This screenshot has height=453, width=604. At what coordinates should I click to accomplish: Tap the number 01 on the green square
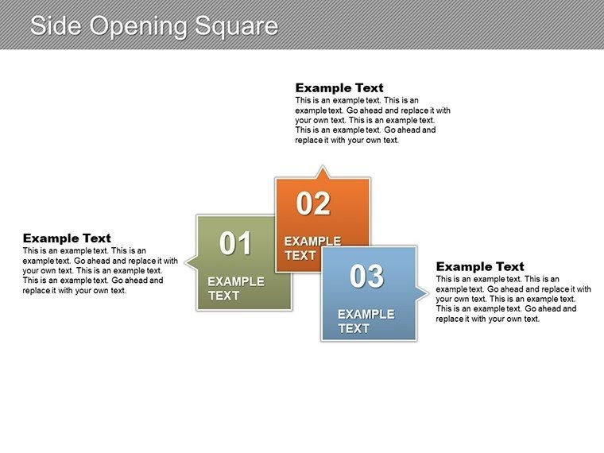235,243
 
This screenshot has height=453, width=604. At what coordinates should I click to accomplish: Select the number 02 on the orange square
313,204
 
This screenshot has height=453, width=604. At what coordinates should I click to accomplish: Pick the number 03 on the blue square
366,276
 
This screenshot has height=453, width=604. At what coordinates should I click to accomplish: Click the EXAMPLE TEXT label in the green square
235,288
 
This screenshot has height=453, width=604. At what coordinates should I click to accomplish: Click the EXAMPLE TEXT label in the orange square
312,248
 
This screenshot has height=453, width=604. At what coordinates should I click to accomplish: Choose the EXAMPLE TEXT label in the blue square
366,321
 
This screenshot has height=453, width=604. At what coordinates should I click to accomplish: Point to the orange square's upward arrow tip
321,168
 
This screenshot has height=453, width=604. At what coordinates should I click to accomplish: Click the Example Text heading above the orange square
339,87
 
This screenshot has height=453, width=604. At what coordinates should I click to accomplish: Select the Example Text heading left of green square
67,238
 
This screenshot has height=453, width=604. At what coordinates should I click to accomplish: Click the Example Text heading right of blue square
480,266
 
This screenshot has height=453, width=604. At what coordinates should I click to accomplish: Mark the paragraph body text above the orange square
372,120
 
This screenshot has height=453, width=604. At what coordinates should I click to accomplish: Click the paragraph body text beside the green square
100,270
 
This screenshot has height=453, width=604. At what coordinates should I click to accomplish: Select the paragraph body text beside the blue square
513,299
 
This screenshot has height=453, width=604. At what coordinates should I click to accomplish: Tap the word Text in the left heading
96,238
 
